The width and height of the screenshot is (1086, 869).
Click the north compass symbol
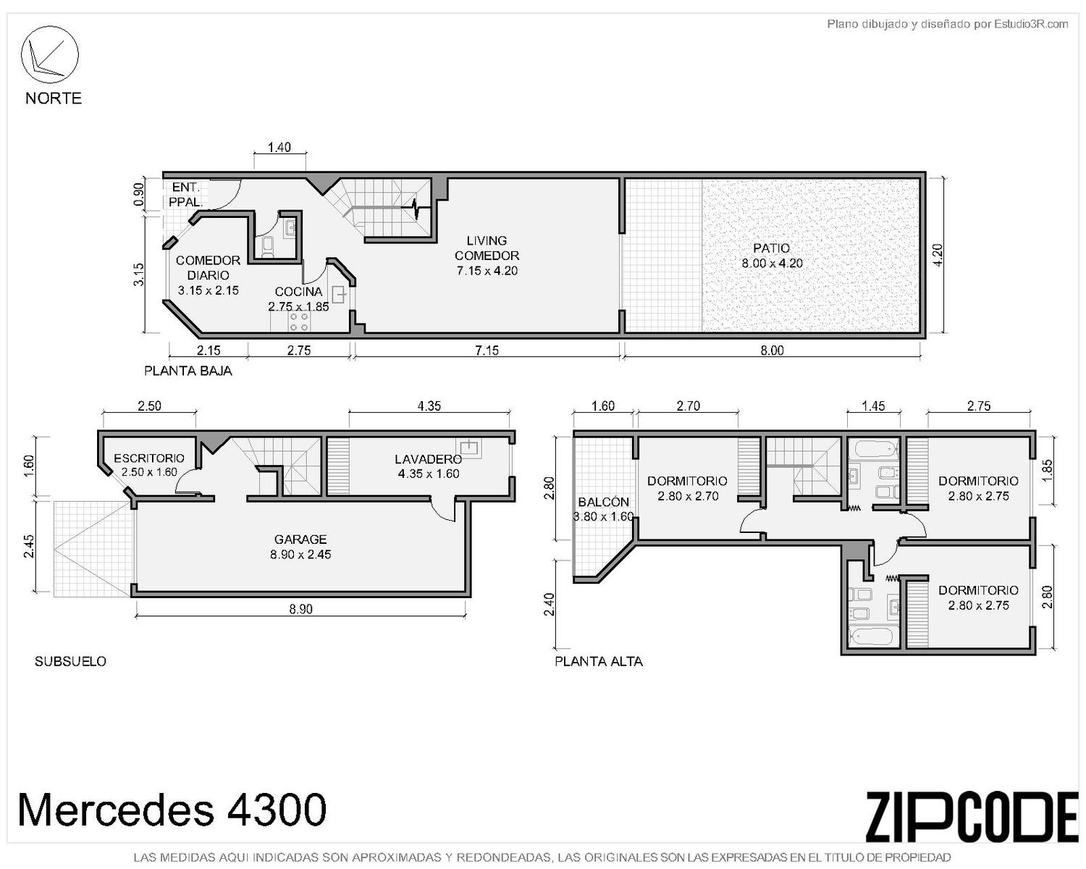click(49, 54)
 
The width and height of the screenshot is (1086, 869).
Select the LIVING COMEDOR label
click(487, 248)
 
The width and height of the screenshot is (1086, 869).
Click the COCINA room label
click(298, 291)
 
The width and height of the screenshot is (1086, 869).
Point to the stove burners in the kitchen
click(298, 322)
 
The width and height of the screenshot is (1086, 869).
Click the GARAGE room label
click(300, 540)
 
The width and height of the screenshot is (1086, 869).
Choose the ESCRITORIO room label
click(149, 458)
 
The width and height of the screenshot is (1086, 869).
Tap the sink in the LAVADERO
click(469, 448)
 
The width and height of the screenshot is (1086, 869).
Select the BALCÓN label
click(603, 502)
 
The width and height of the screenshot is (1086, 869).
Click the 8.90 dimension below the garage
click(300, 609)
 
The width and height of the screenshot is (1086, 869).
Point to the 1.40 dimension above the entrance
click(279, 147)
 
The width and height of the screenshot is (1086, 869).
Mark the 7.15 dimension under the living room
click(487, 350)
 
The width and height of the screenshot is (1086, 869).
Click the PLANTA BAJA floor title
click(188, 371)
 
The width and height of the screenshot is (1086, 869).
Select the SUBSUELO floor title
click(70, 661)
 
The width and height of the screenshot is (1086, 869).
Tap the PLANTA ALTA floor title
click(598, 661)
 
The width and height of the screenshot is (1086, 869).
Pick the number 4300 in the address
click(277, 810)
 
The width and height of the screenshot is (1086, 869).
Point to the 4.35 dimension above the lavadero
click(429, 406)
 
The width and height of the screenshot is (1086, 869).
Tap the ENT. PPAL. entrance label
click(185, 195)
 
